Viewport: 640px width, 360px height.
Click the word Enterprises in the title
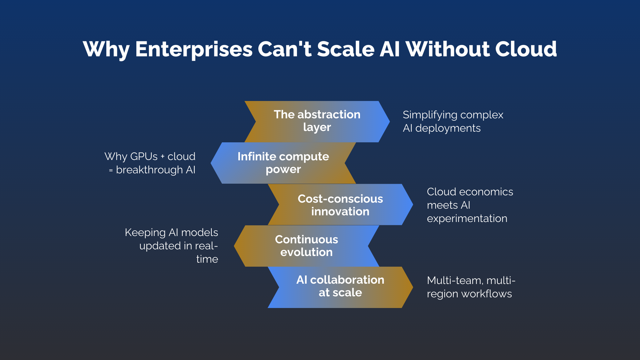(194, 49)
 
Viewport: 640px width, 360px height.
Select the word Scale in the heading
(345, 49)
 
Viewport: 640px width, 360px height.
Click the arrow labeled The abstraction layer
(317, 121)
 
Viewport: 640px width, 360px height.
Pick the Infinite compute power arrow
(283, 163)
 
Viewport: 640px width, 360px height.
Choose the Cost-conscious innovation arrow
(340, 205)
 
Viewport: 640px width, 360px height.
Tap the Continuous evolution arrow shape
(306, 246)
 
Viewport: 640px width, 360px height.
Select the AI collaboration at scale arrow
(340, 287)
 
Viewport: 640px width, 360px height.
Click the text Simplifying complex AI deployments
(452, 121)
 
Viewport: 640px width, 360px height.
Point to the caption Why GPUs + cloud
(150, 156)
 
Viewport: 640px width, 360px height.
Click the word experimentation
(467, 218)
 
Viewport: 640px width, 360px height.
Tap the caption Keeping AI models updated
(171, 239)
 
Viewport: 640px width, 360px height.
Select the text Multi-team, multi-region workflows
(470, 287)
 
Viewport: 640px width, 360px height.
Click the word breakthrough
(149, 170)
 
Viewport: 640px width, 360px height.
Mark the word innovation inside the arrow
(340, 211)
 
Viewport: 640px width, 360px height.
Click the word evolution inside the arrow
(306, 252)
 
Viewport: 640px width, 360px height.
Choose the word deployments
(448, 128)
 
